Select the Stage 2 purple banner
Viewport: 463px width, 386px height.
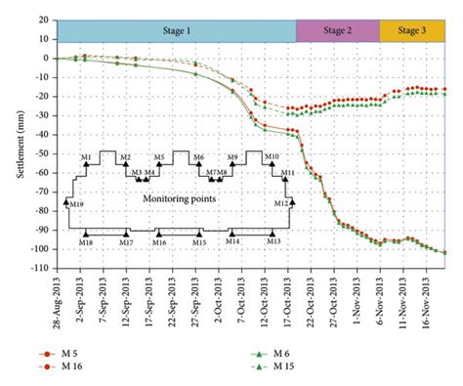point(336,30)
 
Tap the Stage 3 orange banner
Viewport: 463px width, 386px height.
point(411,30)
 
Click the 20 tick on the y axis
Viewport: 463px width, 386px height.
point(43,20)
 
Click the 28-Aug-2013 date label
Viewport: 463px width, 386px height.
point(57,297)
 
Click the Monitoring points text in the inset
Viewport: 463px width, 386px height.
point(181,197)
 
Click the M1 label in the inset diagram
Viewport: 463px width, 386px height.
point(86,156)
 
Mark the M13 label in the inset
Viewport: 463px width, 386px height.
point(273,241)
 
